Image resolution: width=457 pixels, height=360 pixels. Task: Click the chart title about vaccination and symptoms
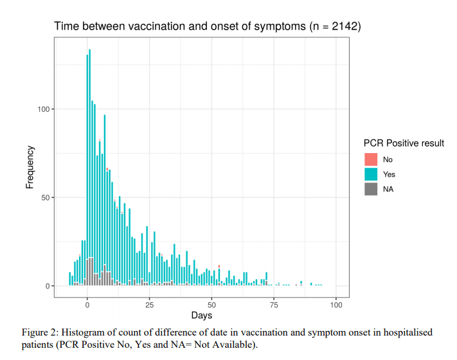point(207,26)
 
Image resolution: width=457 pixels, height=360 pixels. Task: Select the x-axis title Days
point(201,316)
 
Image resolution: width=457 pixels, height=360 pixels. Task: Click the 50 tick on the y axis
point(45,198)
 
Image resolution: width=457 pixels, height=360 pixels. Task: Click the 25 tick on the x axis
point(149,303)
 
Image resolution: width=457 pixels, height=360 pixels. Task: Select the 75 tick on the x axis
point(274,303)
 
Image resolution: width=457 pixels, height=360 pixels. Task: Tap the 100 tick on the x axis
point(336,303)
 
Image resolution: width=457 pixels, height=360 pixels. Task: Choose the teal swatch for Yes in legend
point(371,174)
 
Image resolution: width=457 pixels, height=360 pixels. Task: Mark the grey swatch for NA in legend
point(371,189)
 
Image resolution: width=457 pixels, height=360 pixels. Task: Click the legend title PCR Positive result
point(404,143)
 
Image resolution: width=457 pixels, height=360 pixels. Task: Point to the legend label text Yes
point(389,174)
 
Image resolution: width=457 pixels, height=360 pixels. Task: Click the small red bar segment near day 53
point(219,266)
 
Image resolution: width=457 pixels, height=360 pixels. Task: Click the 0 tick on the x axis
point(87,303)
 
